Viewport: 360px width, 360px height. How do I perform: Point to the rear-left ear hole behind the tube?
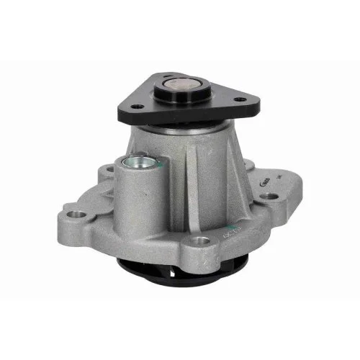[108, 171]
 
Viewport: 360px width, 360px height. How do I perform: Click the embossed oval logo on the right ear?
[264, 185]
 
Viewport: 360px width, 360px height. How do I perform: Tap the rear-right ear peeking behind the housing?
[250, 164]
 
